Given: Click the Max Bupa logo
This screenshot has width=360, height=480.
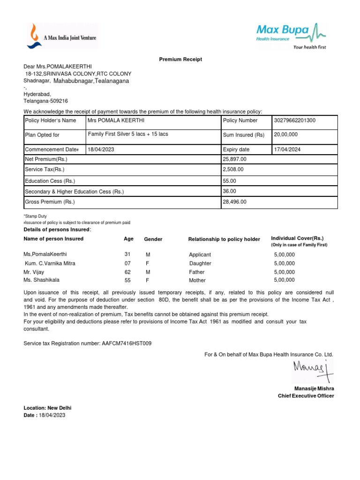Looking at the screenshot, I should pyautogui.click(x=291, y=35).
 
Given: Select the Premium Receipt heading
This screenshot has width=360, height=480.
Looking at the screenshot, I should pyautogui.click(x=180, y=60).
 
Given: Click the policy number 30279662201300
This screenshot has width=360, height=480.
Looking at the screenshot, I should pyautogui.click(x=295, y=120).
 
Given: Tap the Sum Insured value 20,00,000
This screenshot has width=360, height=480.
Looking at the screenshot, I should pyautogui.click(x=286, y=135).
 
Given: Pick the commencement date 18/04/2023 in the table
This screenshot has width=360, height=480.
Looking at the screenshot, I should pyautogui.click(x=101, y=150).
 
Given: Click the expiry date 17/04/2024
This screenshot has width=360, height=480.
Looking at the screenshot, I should pyautogui.click(x=288, y=150).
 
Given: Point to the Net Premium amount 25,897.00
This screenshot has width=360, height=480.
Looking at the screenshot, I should pyautogui.click(x=235, y=159).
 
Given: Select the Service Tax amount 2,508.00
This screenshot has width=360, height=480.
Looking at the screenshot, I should pyautogui.click(x=233, y=170).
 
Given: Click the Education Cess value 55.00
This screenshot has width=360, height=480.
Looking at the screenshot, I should pyautogui.click(x=230, y=180).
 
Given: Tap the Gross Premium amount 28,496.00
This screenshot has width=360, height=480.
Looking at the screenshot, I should pyautogui.click(x=235, y=202).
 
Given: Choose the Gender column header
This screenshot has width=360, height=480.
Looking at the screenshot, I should pyautogui.click(x=153, y=239).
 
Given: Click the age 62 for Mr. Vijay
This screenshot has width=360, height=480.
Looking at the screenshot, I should pyautogui.click(x=127, y=272).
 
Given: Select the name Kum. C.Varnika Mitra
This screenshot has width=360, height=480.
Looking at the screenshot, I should pyautogui.click(x=50, y=263).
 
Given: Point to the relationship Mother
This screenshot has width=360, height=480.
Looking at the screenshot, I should pyautogui.click(x=197, y=280).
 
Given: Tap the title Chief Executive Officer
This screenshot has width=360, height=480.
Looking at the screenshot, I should pyautogui.click(x=306, y=396).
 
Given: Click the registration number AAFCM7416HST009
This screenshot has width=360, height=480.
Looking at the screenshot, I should pyautogui.click(x=127, y=344).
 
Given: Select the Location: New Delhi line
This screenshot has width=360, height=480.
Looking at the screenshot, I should pyautogui.click(x=47, y=408).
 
